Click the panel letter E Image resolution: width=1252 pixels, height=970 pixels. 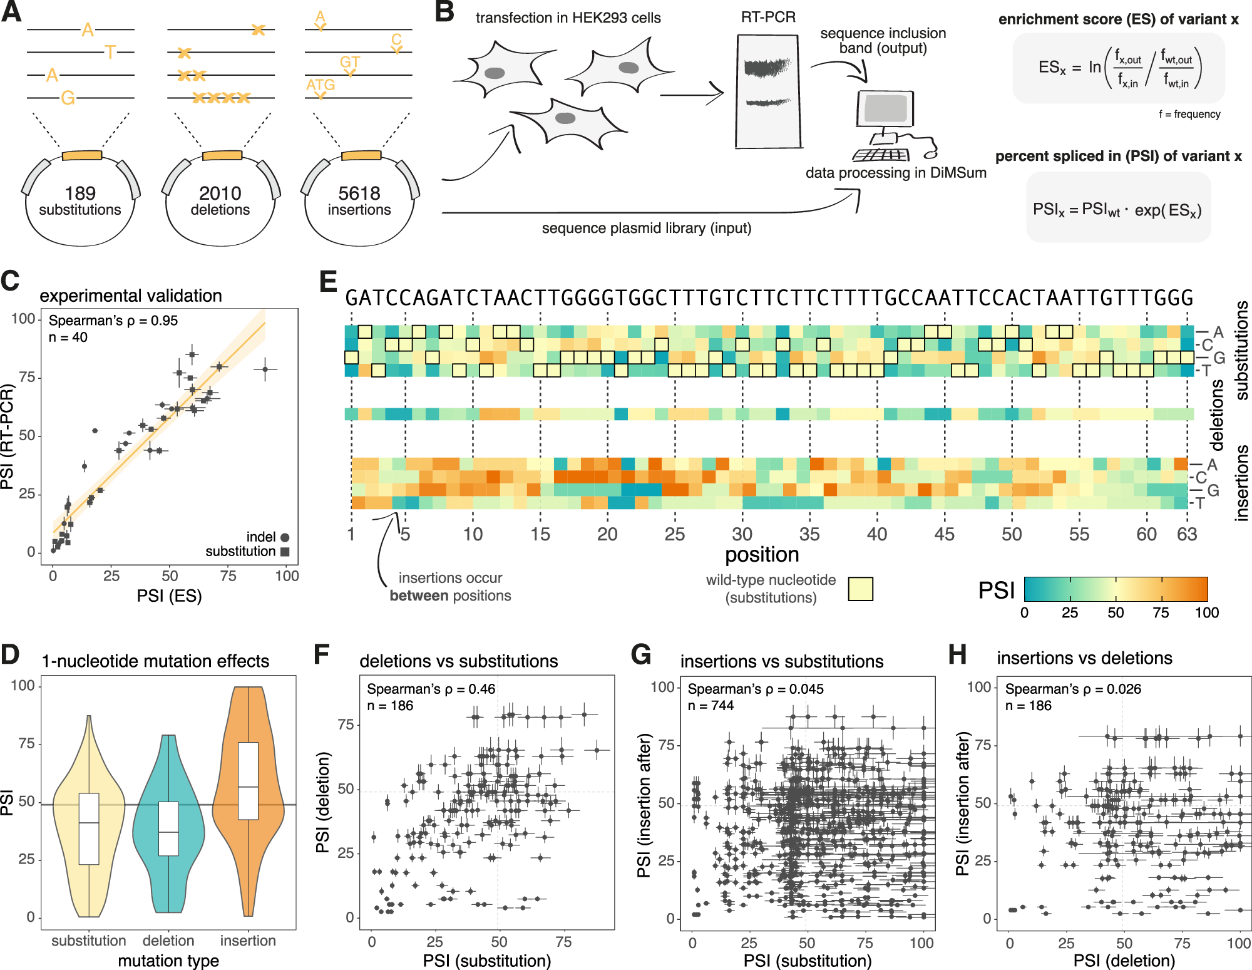(x=327, y=282)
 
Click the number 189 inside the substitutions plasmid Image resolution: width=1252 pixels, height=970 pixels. (x=80, y=193)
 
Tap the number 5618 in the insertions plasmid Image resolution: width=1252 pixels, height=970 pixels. (x=359, y=193)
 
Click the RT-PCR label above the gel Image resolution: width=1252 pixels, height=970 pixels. (x=768, y=18)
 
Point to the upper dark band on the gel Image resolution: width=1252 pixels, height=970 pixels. (x=767, y=66)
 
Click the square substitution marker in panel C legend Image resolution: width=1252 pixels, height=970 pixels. (x=285, y=552)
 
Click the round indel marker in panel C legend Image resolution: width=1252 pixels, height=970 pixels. (x=285, y=537)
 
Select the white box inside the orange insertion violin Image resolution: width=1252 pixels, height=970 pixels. (x=249, y=781)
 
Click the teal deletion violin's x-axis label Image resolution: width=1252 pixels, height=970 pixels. (x=168, y=941)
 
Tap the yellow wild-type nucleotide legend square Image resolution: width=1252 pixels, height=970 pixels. (x=860, y=589)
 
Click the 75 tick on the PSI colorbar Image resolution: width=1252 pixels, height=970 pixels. (x=1161, y=612)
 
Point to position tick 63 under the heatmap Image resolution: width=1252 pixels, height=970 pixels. (x=1186, y=534)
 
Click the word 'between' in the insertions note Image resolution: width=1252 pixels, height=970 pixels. (x=419, y=596)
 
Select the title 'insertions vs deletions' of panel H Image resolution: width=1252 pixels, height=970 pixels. (x=1084, y=658)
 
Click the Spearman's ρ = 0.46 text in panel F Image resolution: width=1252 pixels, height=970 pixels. (x=431, y=689)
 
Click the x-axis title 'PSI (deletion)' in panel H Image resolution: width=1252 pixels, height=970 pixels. (x=1124, y=961)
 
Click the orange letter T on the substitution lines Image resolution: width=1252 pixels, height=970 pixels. (x=110, y=52)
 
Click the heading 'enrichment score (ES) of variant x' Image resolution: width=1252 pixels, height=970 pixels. (x=1118, y=19)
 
